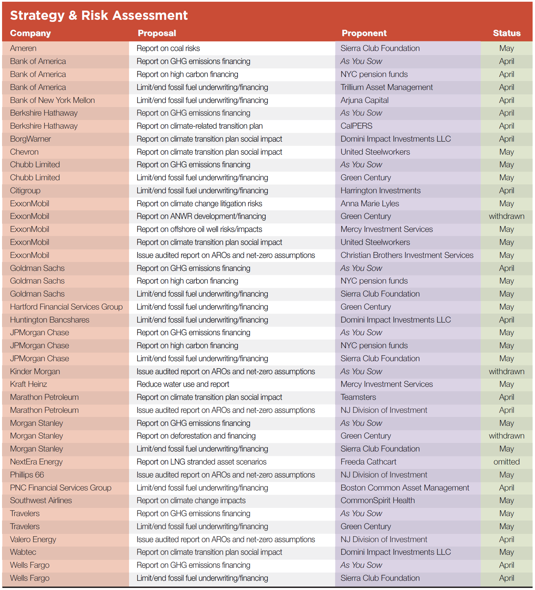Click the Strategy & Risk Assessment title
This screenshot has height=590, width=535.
(99, 15)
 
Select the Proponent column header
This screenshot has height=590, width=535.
(364, 33)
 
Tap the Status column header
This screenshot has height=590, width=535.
(506, 33)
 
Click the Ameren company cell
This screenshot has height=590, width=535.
(23, 48)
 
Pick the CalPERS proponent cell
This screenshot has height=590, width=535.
(356, 126)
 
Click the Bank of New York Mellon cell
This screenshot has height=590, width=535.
(52, 100)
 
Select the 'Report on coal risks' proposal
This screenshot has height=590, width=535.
(168, 48)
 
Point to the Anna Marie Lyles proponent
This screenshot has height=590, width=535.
(370, 204)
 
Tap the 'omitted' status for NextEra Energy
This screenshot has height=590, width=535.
(506, 462)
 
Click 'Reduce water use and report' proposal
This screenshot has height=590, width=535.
(183, 384)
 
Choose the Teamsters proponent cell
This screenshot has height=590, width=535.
(358, 397)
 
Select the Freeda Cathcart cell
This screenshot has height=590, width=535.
(368, 462)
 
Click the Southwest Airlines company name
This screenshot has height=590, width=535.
(41, 500)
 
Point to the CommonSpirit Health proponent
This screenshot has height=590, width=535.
(378, 500)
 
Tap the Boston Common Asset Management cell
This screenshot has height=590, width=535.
(405, 488)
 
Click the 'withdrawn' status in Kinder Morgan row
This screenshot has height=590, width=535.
(506, 371)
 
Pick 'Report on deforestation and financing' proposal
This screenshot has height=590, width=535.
(196, 436)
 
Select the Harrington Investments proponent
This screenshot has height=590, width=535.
(380, 191)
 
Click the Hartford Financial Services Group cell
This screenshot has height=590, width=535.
(66, 307)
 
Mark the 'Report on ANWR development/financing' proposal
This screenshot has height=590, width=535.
(201, 216)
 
